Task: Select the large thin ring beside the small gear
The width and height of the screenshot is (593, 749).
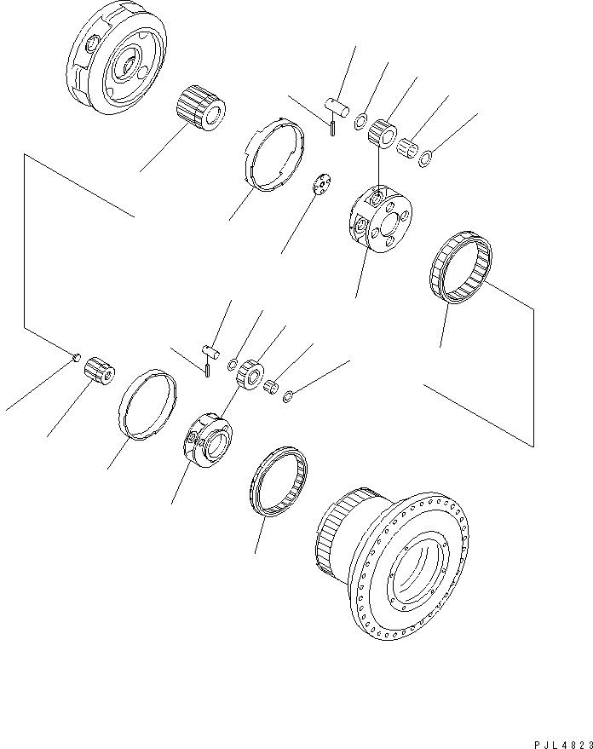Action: click(x=148, y=402)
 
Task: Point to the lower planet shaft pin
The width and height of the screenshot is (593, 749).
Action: click(x=211, y=349)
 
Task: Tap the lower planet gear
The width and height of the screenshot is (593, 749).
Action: click(x=250, y=374)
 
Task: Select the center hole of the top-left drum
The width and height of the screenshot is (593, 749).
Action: click(x=128, y=64)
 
